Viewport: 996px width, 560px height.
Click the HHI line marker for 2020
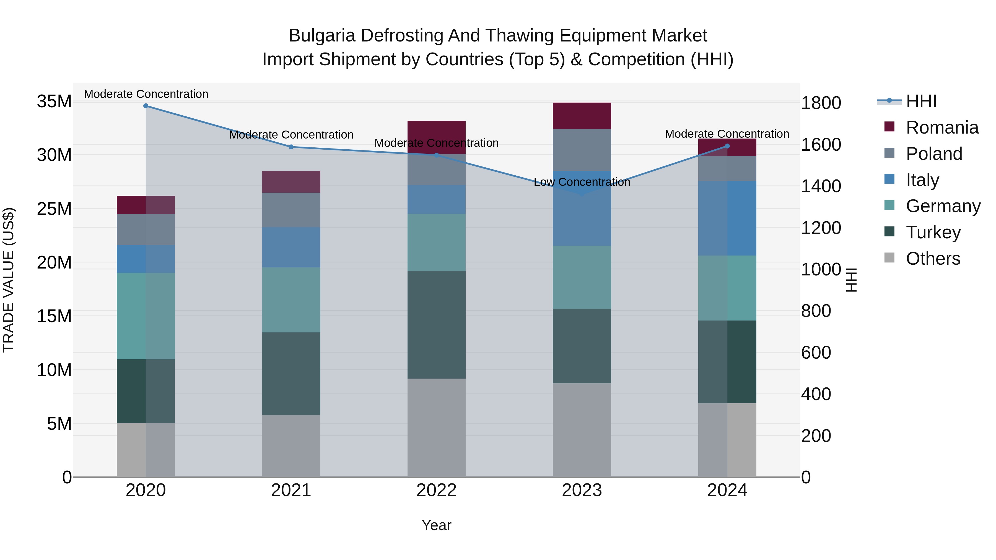click(146, 106)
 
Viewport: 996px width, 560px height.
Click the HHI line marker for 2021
click(291, 147)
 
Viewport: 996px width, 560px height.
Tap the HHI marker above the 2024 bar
click(727, 146)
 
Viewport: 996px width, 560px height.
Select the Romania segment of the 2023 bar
click(582, 116)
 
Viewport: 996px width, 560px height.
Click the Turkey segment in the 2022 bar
click(437, 325)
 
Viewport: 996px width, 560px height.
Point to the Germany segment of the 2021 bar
click(291, 299)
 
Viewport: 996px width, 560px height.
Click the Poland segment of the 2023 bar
click(582, 150)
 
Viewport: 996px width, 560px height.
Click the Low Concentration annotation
click(582, 182)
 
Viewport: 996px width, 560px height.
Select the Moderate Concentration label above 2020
click(146, 94)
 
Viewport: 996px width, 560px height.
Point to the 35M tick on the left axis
click(54, 102)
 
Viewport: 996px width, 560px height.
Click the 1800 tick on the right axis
click(821, 103)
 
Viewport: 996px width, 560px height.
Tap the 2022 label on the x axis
click(437, 490)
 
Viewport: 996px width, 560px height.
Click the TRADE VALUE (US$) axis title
click(9, 280)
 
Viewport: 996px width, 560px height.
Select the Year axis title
click(437, 525)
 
